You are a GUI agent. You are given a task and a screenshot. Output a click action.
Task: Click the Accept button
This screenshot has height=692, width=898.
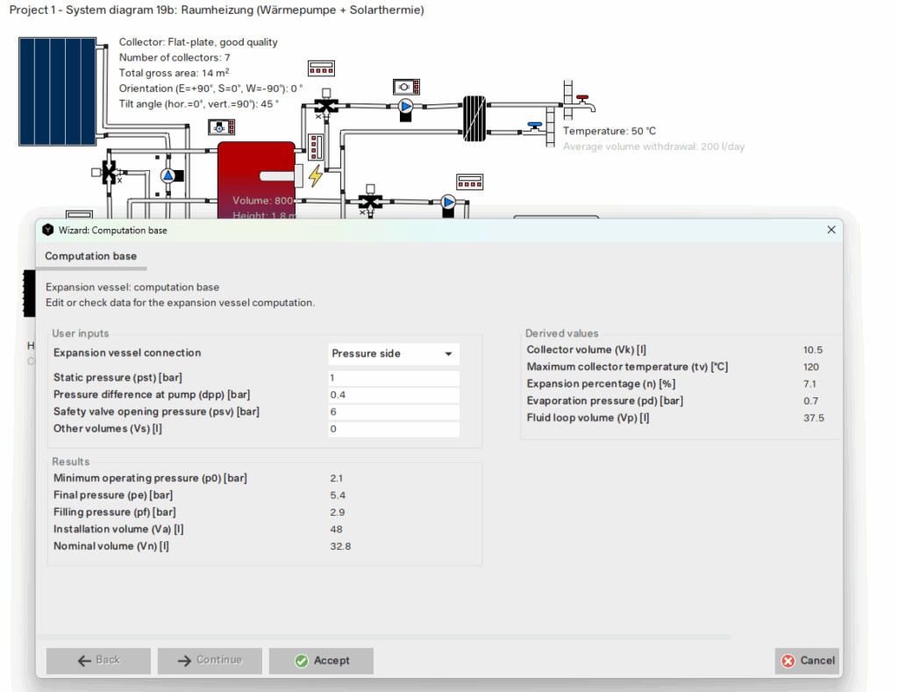321,660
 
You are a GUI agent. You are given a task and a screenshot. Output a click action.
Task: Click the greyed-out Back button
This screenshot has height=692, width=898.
98,660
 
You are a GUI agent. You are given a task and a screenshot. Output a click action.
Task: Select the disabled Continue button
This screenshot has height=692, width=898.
210,660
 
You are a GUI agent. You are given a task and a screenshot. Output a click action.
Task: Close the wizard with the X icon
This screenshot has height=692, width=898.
830,230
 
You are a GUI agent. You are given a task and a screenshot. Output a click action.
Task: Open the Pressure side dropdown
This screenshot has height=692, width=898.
393,353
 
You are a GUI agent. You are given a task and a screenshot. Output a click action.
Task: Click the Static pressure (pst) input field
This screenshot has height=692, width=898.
393,378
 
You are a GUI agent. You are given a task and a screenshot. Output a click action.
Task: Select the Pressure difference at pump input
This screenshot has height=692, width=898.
393,395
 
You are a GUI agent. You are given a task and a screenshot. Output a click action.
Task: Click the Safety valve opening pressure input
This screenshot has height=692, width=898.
393,412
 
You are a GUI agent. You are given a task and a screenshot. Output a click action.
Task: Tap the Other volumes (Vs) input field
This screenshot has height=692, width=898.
393,429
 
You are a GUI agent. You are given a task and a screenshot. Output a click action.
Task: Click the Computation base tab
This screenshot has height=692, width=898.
91,256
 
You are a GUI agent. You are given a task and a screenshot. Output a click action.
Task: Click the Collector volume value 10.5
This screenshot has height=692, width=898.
812,350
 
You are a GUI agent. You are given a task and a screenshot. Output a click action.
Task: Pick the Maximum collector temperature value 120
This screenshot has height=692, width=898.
811,367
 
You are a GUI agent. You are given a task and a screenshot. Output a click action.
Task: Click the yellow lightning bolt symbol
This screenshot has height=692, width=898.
315,175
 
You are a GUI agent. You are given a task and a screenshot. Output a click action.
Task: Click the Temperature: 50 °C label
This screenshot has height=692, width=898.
609,132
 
